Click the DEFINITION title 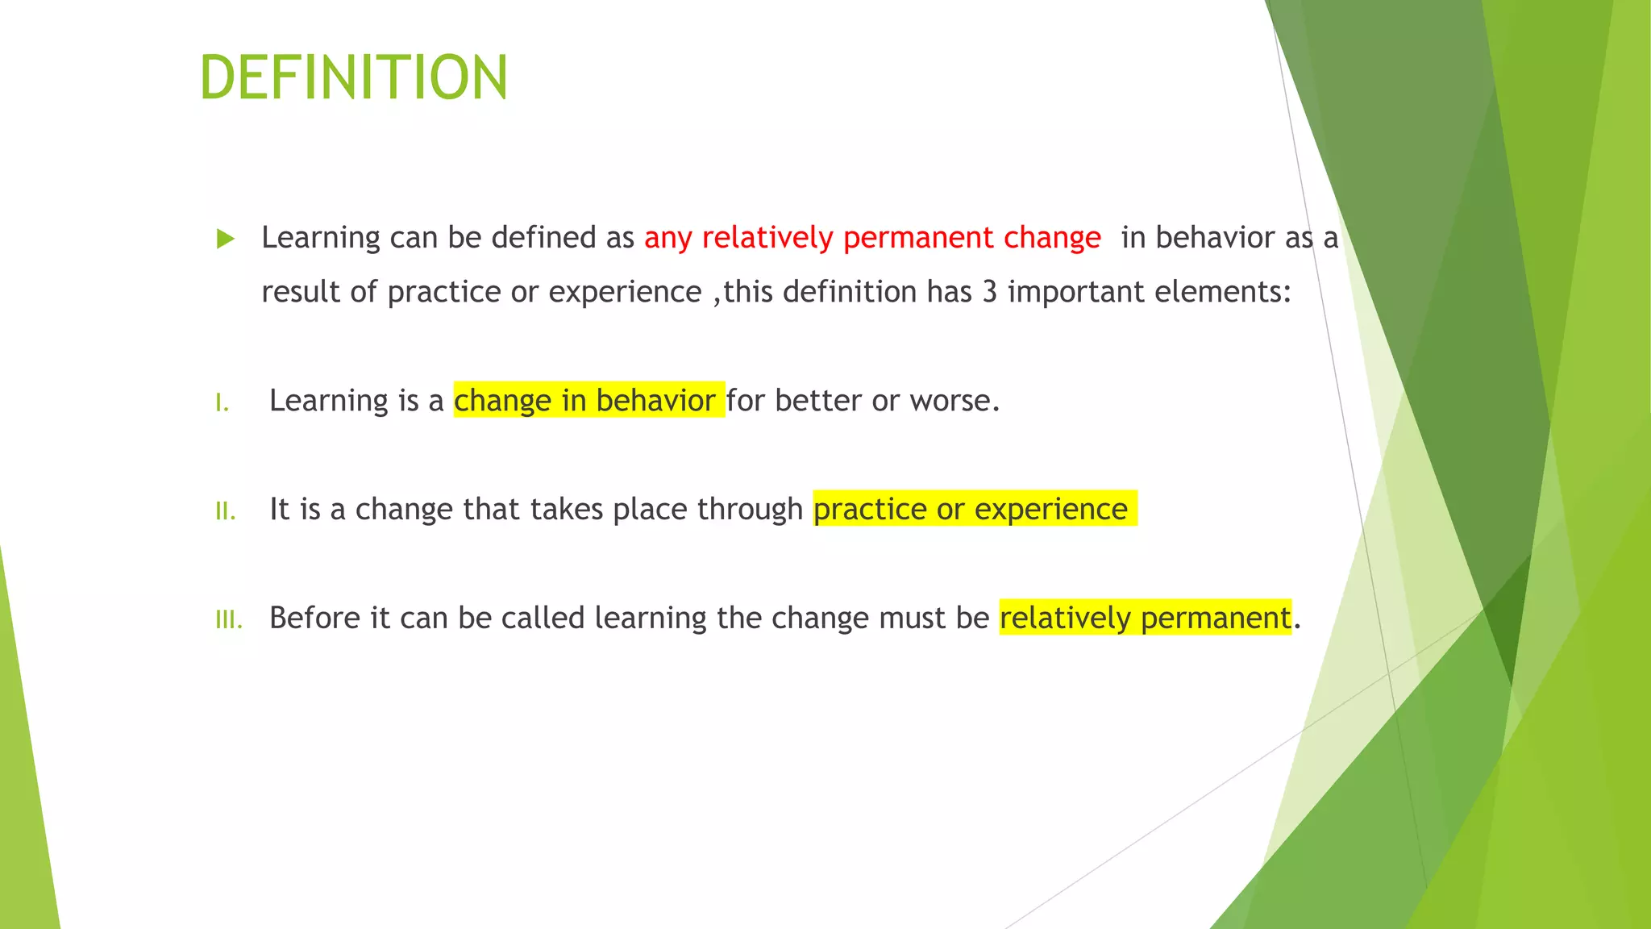click(353, 78)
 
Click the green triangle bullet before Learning click(226, 239)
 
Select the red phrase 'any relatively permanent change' click(872, 238)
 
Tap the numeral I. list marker click(222, 402)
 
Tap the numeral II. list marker click(226, 511)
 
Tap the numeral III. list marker click(229, 620)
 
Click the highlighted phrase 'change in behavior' click(585, 401)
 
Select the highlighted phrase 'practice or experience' click(971, 510)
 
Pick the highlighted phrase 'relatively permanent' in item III click(1145, 619)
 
